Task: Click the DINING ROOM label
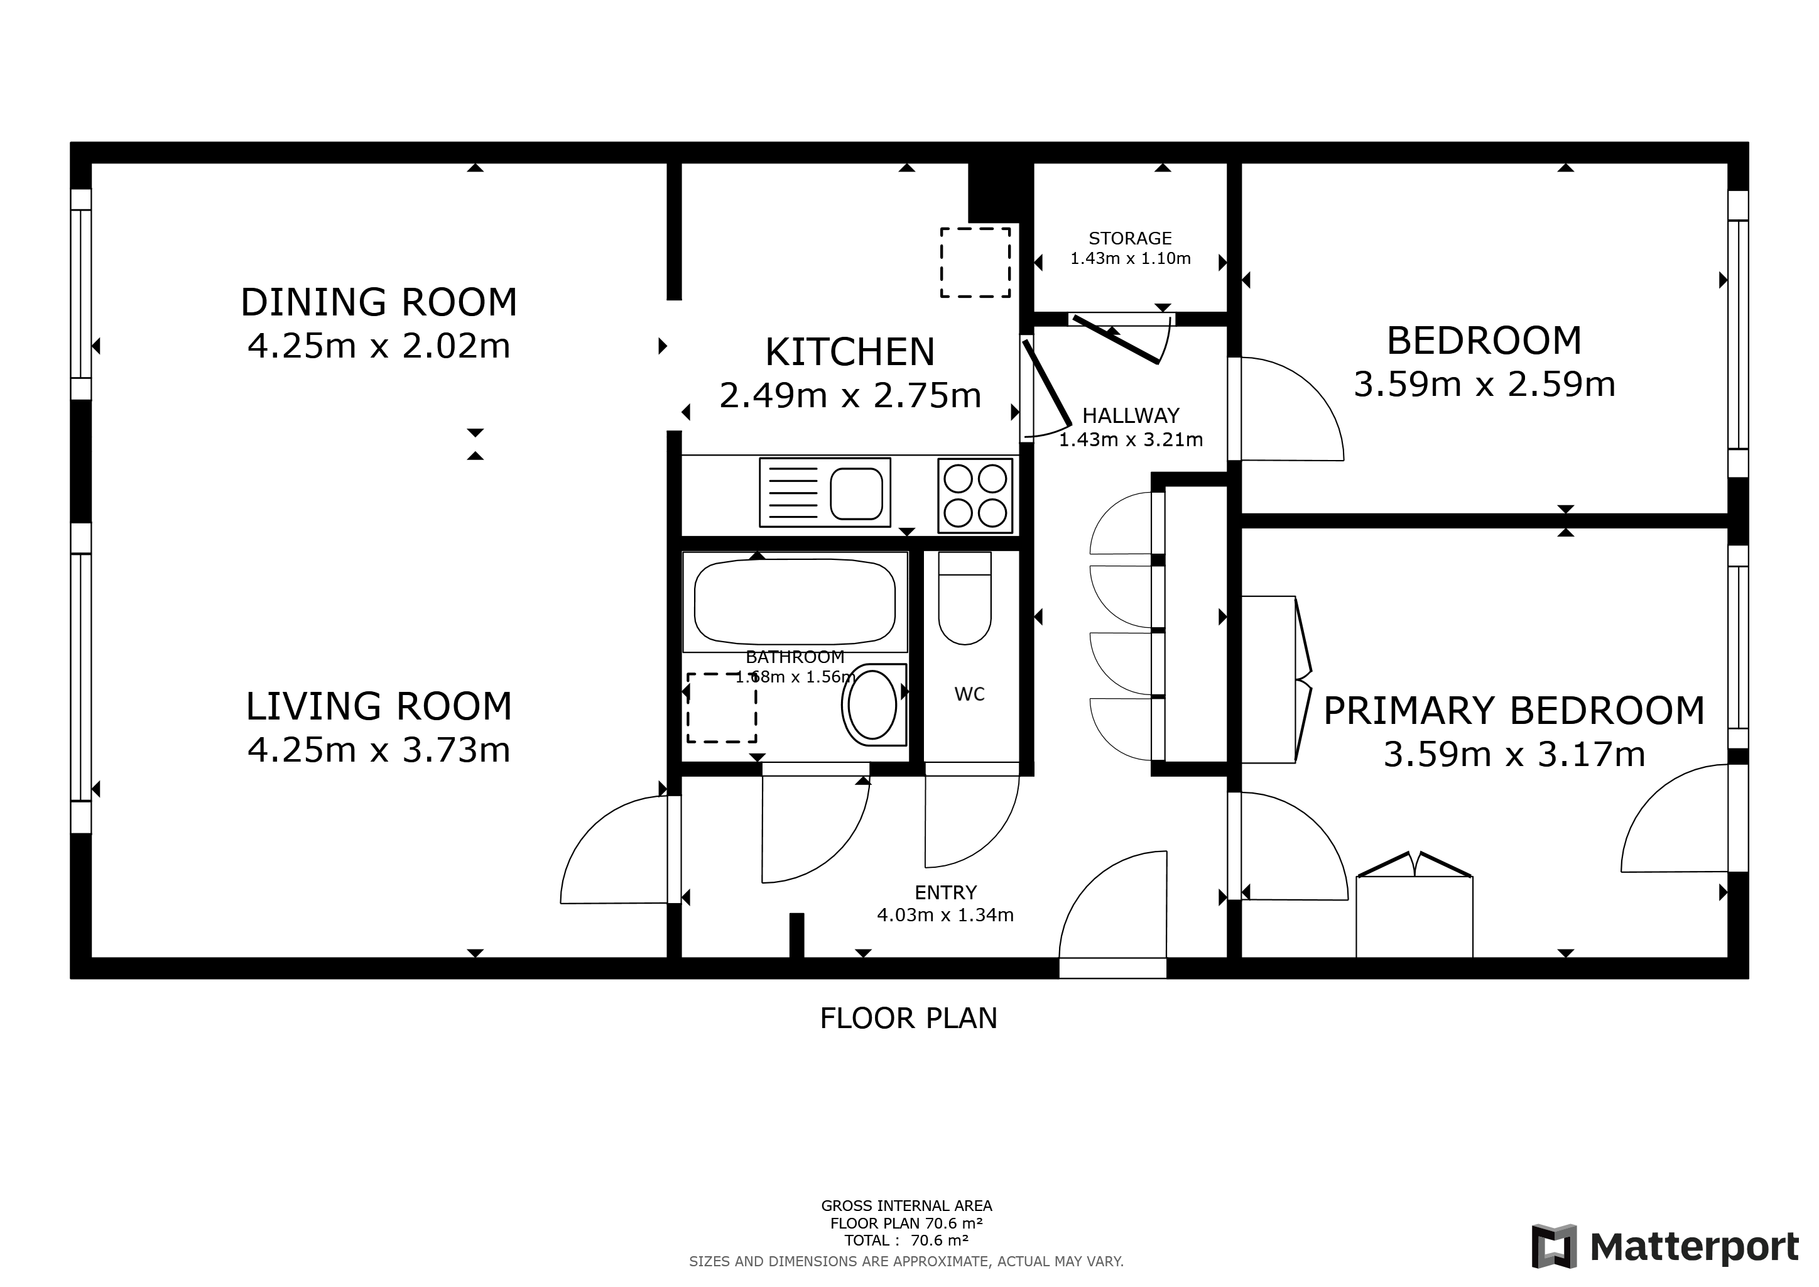[x=379, y=302]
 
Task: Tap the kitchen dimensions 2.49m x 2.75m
[x=850, y=395]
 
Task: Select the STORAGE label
[x=1130, y=238]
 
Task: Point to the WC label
[x=970, y=694]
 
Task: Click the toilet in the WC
[x=965, y=598]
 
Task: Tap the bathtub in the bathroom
[x=795, y=602]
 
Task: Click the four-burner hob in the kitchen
[x=975, y=495]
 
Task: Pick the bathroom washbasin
[x=873, y=704]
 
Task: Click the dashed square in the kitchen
[x=975, y=262]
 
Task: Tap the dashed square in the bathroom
[x=721, y=708]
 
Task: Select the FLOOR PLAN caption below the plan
[x=909, y=1018]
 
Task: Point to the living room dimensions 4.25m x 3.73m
[x=379, y=750]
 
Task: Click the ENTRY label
[x=945, y=892]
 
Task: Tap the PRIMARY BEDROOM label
[x=1514, y=710]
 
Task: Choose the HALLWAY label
[x=1131, y=415]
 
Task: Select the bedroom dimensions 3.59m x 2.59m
[x=1484, y=385]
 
